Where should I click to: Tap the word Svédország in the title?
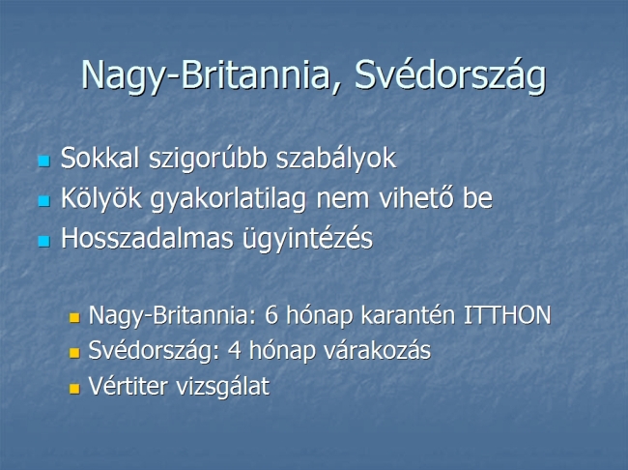450,76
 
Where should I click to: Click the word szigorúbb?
208,159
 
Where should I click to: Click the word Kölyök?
100,198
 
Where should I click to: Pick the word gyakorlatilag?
229,199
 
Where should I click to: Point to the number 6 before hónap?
271,315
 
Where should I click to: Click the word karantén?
408,315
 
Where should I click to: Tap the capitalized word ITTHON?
507,315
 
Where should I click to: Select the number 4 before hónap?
235,350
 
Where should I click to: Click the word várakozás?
377,350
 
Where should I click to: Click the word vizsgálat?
223,387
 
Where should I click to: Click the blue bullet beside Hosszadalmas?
44,241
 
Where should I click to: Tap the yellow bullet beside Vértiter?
74,388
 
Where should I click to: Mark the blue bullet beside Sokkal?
44,162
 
